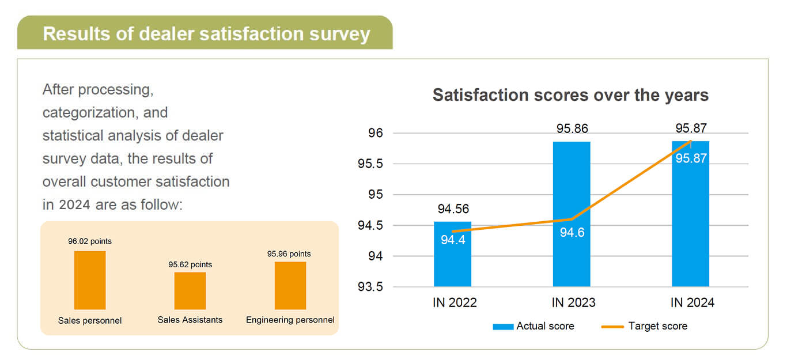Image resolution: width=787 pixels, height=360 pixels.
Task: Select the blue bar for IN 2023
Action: (572, 190)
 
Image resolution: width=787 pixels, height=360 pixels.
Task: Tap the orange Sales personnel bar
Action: (90, 281)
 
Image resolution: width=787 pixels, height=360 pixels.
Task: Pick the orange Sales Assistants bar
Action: (190, 291)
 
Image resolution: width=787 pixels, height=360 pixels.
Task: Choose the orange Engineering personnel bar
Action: (290, 286)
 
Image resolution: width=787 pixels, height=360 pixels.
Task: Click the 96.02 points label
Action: (90, 241)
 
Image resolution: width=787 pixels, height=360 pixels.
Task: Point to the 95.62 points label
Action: (190, 264)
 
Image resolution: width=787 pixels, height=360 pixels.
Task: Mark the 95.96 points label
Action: (289, 253)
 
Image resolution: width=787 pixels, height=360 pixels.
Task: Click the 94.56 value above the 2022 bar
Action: (453, 209)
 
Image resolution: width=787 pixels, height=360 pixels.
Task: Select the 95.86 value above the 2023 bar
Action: (572, 128)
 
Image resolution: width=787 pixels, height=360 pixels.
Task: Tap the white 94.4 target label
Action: (453, 240)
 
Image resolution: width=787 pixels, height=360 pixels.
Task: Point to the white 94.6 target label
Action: (572, 233)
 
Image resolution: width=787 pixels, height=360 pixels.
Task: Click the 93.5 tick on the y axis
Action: (370, 287)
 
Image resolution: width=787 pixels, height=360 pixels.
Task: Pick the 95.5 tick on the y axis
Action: (370, 164)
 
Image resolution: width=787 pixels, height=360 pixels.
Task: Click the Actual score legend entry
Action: (534, 326)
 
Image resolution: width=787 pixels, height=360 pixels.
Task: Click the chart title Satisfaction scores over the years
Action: (570, 95)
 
